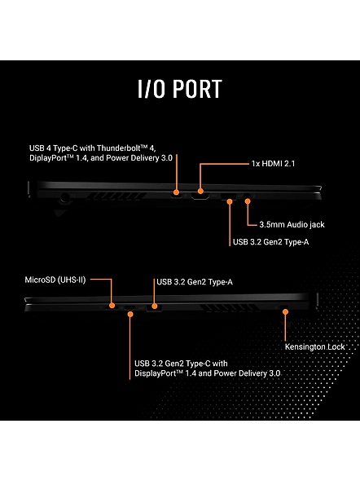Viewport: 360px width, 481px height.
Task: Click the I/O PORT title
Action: (180, 89)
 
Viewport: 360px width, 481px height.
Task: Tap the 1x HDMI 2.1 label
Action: (273, 164)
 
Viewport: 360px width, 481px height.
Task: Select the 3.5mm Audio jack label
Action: (292, 224)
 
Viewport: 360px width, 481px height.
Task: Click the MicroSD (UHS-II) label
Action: (55, 280)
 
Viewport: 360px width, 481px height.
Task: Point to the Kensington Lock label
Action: (315, 346)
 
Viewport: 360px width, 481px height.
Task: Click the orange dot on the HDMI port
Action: (200, 191)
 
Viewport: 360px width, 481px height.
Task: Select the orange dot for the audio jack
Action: (248, 201)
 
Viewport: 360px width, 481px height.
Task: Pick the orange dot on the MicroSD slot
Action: (112, 305)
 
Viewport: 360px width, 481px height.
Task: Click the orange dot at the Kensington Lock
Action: (285, 312)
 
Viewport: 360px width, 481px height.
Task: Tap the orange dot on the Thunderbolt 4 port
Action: (176, 192)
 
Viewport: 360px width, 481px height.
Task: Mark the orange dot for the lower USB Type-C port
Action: (130, 314)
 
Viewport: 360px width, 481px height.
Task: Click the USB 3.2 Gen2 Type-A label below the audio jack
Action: (271, 242)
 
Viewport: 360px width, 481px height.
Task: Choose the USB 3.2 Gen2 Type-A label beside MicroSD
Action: (195, 282)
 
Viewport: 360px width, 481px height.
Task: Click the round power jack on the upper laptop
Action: (64, 197)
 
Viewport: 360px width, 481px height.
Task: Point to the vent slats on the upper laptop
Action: (116, 196)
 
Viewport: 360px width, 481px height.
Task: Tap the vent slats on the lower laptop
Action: (229, 307)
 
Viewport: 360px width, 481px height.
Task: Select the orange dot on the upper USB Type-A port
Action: (230, 201)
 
